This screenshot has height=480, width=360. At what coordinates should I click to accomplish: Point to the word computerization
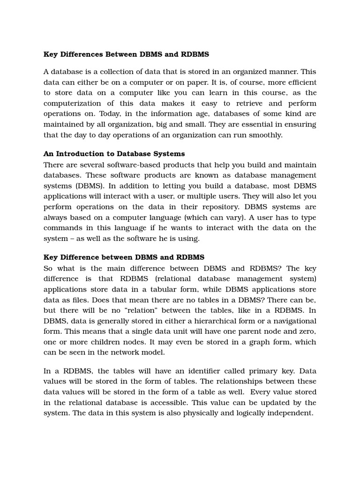(x=75, y=103)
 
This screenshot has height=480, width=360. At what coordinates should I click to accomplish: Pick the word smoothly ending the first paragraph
(x=266, y=135)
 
